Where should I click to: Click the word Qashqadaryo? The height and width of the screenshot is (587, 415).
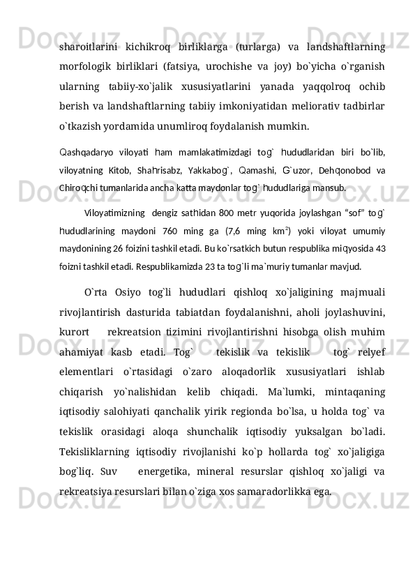[x=84, y=152]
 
